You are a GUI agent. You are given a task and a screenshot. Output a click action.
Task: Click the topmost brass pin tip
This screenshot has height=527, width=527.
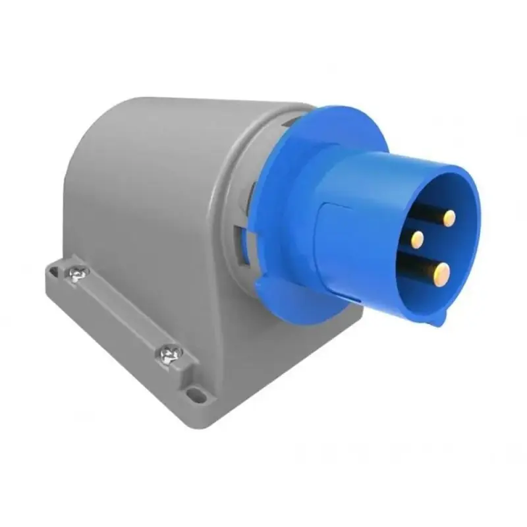[449, 218]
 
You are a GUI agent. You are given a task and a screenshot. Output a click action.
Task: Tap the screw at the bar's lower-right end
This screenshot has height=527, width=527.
[168, 355]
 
